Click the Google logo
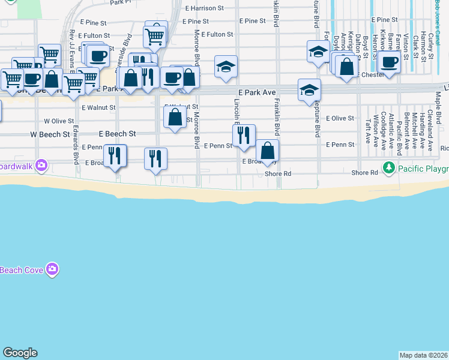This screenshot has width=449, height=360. [x=20, y=353]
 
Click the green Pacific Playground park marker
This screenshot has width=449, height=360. [x=390, y=167]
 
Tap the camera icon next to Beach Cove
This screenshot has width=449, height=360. [x=52, y=269]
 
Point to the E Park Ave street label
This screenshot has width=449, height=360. [x=255, y=93]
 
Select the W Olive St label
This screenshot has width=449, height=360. [x=59, y=121]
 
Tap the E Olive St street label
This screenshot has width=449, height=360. [x=340, y=118]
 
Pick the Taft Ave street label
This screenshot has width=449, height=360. [x=367, y=130]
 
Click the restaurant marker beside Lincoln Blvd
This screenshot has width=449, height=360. [x=244, y=136]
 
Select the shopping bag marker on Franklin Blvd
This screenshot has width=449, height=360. [x=268, y=151]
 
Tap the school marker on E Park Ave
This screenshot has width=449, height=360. [x=309, y=90]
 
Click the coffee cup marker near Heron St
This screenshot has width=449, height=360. [x=389, y=62]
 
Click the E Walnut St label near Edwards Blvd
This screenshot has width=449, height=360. [x=98, y=107]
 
